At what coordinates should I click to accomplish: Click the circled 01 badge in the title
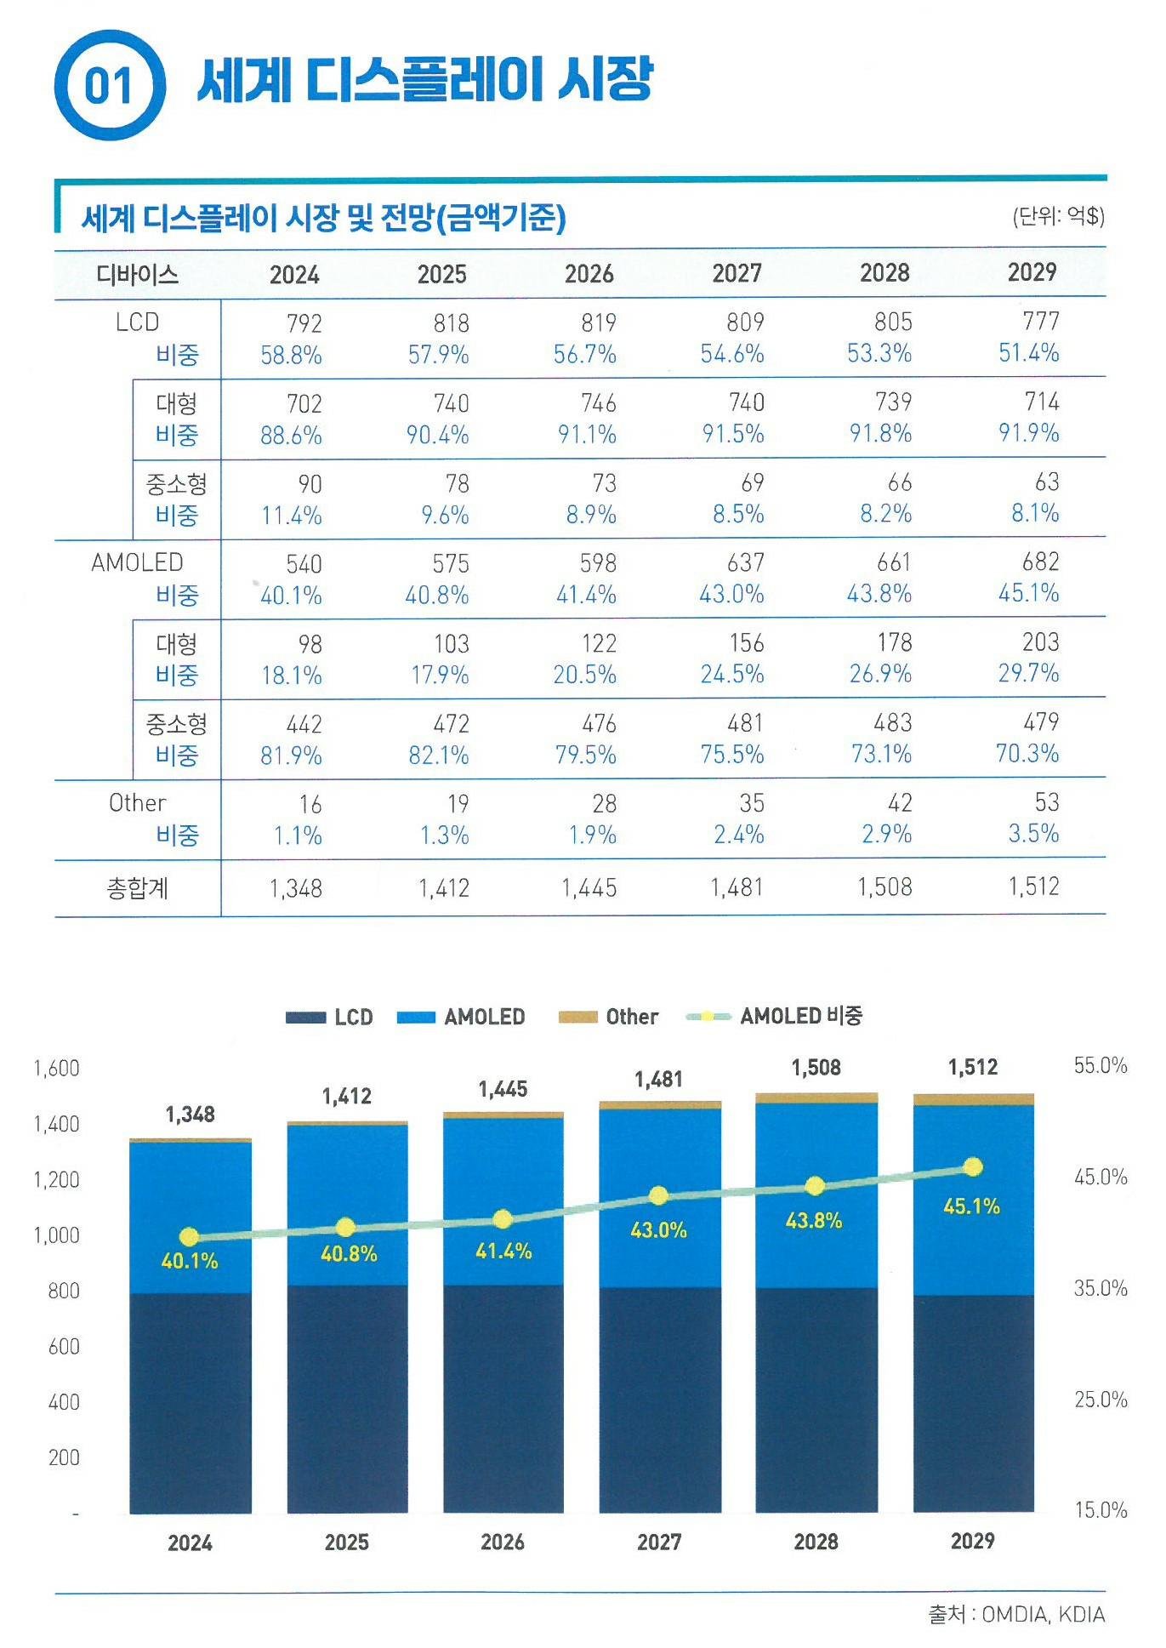pos(109,85)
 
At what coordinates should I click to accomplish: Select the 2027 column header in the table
pos(737,273)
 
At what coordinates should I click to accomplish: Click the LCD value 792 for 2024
pos(304,323)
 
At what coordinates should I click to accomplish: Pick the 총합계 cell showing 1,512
pos(1033,887)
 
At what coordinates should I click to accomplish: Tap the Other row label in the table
pos(137,803)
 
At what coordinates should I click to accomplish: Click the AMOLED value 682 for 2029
pos(1040,562)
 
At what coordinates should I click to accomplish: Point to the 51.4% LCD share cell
pos(1028,353)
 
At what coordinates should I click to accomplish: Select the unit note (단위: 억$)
pos(1058,216)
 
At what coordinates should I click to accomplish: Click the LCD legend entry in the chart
pos(329,1017)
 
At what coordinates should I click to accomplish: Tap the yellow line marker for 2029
pos(973,1166)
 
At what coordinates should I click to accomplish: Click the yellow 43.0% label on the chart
pos(658,1230)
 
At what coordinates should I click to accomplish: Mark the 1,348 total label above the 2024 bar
pos(190,1115)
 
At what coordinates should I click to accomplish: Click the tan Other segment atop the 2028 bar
pos(816,1098)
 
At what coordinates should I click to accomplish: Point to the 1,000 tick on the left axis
pos(56,1235)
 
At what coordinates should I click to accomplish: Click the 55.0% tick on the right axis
pos(1100,1066)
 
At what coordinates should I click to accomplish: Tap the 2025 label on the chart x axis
pos(346,1543)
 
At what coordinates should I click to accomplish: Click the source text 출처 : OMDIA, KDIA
pos(1015,1614)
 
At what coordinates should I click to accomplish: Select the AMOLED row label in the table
pos(137,562)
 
